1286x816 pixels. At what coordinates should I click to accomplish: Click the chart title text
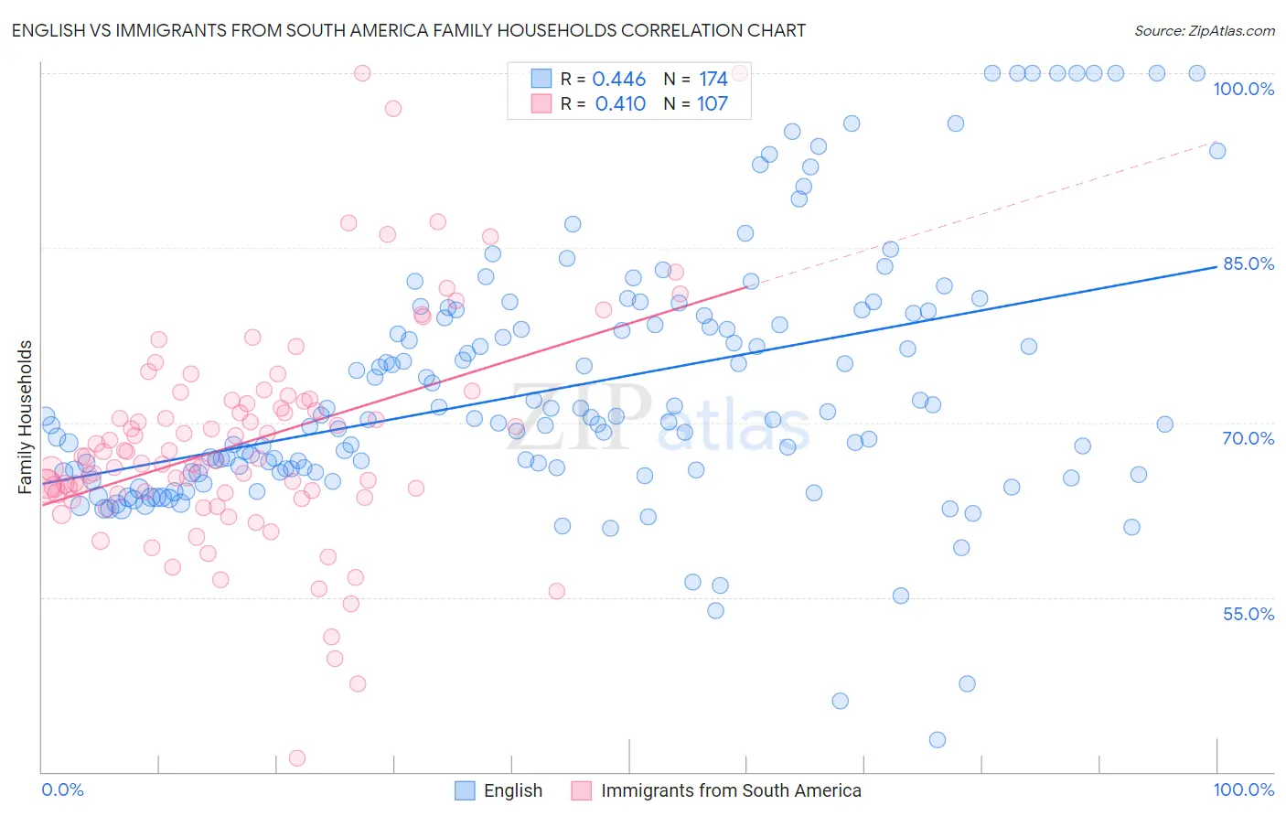[x=408, y=30]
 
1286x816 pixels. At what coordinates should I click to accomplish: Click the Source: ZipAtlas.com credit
[x=1204, y=30]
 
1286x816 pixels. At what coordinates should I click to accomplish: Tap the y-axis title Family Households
[x=26, y=417]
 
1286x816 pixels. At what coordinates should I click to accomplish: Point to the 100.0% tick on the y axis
[x=1243, y=89]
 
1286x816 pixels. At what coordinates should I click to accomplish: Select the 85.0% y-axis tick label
[x=1248, y=263]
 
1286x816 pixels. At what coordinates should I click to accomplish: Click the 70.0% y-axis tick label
[x=1248, y=438]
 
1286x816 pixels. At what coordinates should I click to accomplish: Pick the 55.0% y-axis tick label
[x=1248, y=614]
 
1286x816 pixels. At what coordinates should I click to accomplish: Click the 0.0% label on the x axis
[x=62, y=789]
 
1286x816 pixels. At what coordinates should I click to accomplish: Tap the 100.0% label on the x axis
[x=1243, y=789]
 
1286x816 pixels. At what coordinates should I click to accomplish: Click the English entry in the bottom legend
[x=512, y=790]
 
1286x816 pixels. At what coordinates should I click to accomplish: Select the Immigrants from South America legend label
[x=731, y=790]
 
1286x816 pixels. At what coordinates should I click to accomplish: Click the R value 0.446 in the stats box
[x=619, y=80]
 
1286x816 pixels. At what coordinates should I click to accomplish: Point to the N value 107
[x=713, y=104]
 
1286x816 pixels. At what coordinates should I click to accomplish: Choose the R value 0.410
[x=620, y=104]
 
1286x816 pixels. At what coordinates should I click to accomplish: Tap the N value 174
[x=713, y=80]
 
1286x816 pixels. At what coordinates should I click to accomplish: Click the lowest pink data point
[x=297, y=757]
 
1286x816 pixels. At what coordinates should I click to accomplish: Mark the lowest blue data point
[x=937, y=739]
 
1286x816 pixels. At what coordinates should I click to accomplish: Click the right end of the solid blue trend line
[x=1216, y=266]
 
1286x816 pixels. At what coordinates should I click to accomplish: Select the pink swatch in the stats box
[x=541, y=104]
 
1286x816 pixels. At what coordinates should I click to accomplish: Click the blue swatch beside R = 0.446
[x=541, y=80]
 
